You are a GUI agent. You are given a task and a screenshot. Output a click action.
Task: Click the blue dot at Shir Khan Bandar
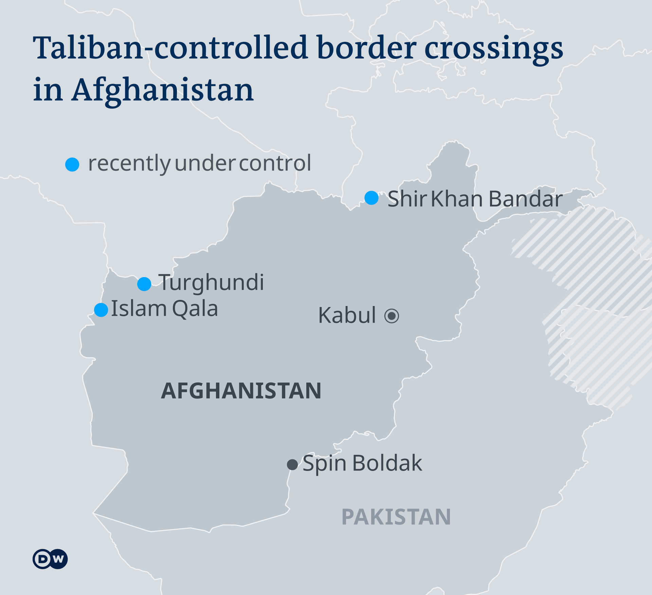pos(372,198)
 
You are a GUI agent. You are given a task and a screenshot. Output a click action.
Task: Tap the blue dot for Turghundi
pos(144,284)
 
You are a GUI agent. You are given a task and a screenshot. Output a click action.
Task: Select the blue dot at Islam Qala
pos(101,310)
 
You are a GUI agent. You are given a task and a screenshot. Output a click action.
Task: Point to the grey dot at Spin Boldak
pos(292,464)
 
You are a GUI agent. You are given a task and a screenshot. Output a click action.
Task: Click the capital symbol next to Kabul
pos(392,316)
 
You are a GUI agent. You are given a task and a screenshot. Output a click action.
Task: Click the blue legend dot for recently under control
pos(72,165)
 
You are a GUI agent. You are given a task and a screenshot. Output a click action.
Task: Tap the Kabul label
pos(347,315)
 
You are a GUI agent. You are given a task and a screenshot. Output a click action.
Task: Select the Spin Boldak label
pos(362,463)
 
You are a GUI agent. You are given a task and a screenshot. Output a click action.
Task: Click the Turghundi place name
pos(211,283)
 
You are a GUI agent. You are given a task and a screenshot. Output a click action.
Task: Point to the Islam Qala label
pos(164,309)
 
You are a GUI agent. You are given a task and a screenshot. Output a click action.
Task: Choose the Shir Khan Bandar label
pos(475,199)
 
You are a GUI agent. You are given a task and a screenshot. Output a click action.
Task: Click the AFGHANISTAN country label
pos(241,391)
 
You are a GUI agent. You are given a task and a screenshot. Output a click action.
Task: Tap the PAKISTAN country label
pos(396,517)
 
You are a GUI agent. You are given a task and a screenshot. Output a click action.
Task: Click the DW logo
pos(50,559)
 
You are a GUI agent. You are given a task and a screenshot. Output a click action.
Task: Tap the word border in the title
pos(367,48)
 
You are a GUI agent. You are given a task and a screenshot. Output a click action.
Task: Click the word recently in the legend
pos(129,164)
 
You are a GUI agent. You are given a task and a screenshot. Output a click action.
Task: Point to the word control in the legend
pos(275,163)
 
